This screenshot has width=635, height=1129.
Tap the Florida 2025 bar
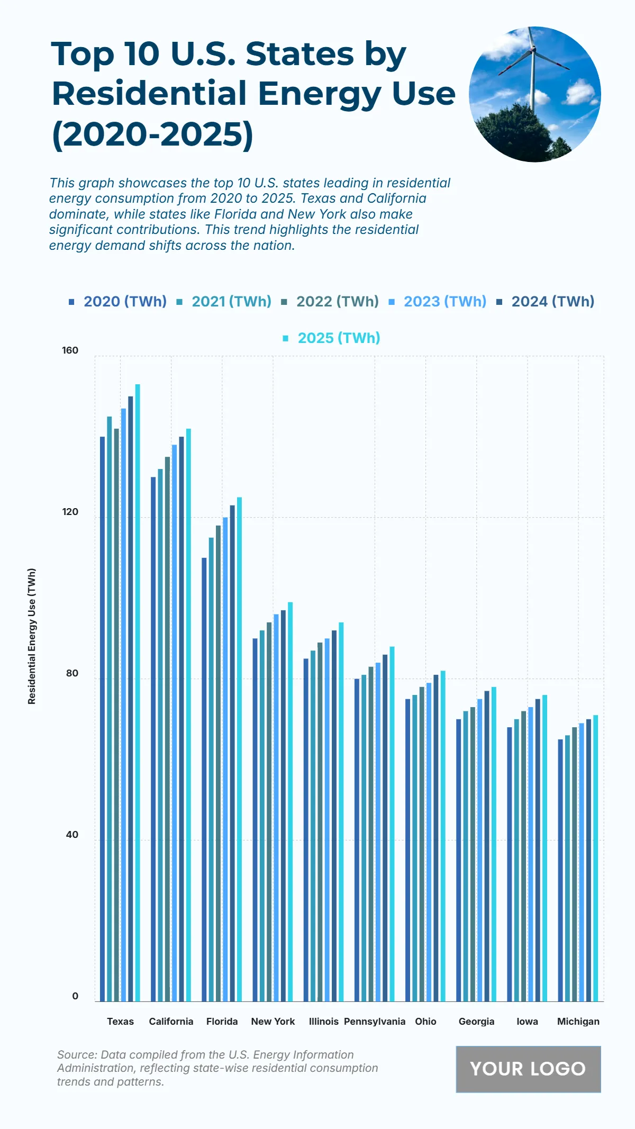pyautogui.click(x=239, y=749)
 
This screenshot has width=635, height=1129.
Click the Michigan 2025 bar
pyautogui.click(x=595, y=858)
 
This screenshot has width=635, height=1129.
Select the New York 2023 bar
pyautogui.click(x=276, y=808)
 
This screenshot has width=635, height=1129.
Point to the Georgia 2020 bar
pyautogui.click(x=459, y=860)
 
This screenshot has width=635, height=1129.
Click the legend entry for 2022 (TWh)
pyautogui.click(x=337, y=302)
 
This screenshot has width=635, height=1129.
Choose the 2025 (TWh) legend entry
pyautogui.click(x=339, y=338)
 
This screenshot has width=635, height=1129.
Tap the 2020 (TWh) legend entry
pyautogui.click(x=125, y=302)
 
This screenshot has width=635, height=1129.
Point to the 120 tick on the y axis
pyautogui.click(x=70, y=512)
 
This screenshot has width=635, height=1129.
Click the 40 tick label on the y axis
pyautogui.click(x=72, y=835)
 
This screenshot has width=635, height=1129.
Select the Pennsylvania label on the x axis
pyautogui.click(x=375, y=1022)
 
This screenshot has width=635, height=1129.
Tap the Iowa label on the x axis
pyautogui.click(x=527, y=1022)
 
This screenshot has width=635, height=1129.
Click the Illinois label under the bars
pyautogui.click(x=323, y=1022)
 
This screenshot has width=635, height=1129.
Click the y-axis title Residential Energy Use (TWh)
pyautogui.click(x=32, y=636)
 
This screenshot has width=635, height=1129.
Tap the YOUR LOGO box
pyautogui.click(x=528, y=1069)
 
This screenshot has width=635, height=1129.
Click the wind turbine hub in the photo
pyautogui.click(x=533, y=50)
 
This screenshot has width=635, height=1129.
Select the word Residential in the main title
pyautogui.click(x=150, y=94)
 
